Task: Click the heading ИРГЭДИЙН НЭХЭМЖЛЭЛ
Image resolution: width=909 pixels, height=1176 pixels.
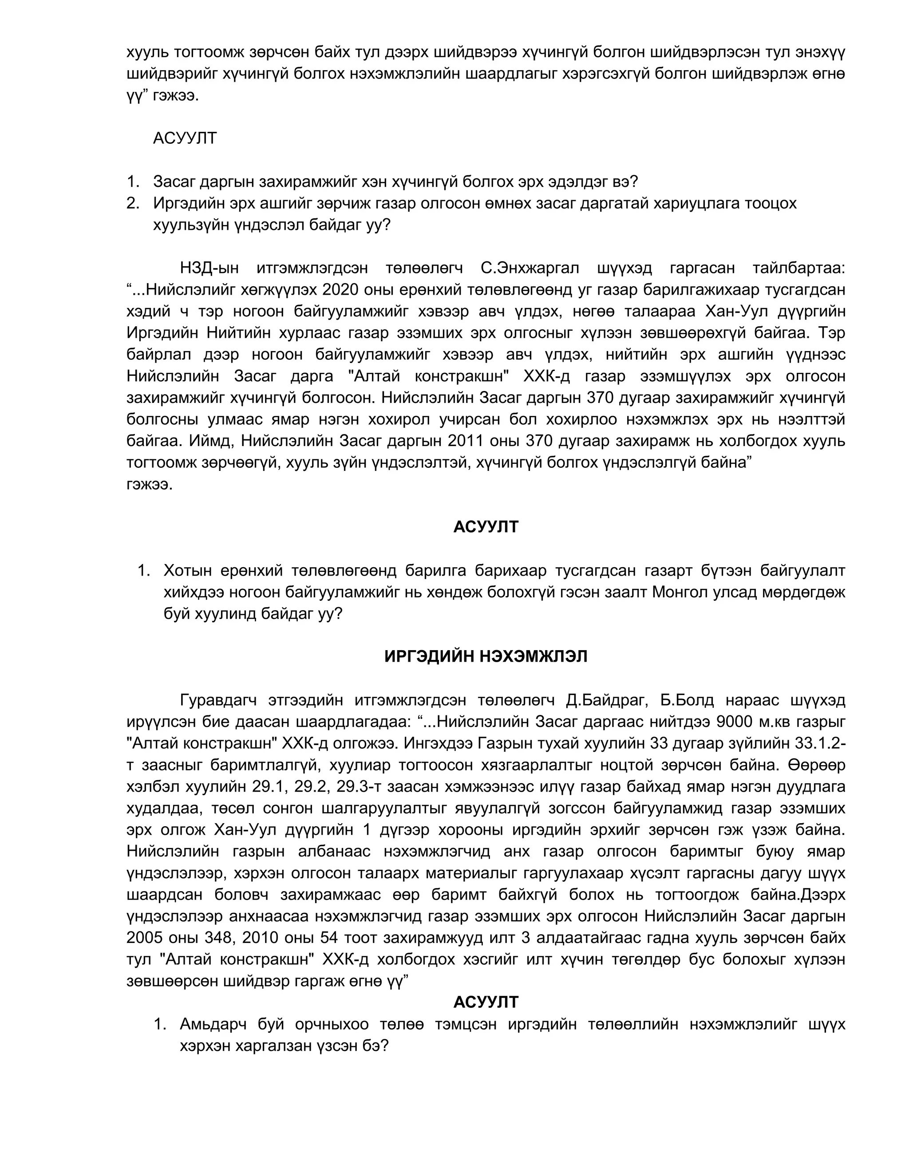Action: coord(486,656)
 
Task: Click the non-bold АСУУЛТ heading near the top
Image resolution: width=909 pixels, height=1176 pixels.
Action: coord(185,138)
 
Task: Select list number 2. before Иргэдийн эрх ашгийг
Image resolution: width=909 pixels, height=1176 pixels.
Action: coord(133,204)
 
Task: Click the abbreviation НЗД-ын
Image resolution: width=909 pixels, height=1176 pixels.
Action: coord(209,268)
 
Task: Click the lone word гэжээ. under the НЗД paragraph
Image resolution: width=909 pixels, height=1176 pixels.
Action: coord(150,484)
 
